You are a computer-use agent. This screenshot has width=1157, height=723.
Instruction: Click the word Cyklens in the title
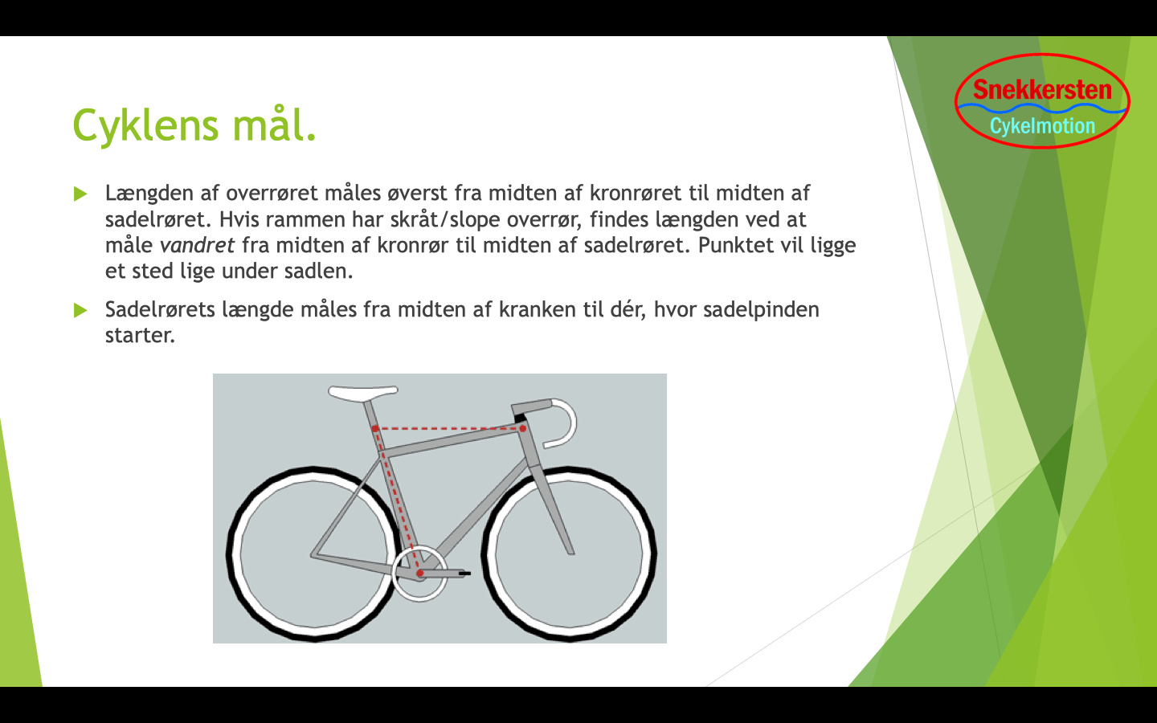[145, 125]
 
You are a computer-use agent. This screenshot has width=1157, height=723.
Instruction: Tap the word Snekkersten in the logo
[1042, 90]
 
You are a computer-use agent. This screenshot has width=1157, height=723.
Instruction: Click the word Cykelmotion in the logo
[1042, 126]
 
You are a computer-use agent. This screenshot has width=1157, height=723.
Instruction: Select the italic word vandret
[198, 245]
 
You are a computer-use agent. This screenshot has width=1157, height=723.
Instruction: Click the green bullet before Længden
[80, 194]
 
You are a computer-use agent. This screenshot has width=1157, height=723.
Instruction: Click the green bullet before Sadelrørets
[80, 310]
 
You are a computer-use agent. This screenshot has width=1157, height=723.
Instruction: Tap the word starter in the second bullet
[140, 336]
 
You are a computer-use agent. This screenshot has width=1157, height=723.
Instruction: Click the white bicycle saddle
[362, 393]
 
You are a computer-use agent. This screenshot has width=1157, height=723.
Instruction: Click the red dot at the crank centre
[420, 574]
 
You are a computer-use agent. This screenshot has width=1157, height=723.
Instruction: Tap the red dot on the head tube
[523, 429]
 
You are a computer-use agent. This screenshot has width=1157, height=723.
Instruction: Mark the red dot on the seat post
[375, 429]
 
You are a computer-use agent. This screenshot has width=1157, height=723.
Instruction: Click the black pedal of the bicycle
[464, 574]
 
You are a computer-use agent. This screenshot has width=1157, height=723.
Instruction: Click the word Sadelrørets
[160, 310]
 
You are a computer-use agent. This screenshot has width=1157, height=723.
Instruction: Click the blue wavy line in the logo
[1042, 108]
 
